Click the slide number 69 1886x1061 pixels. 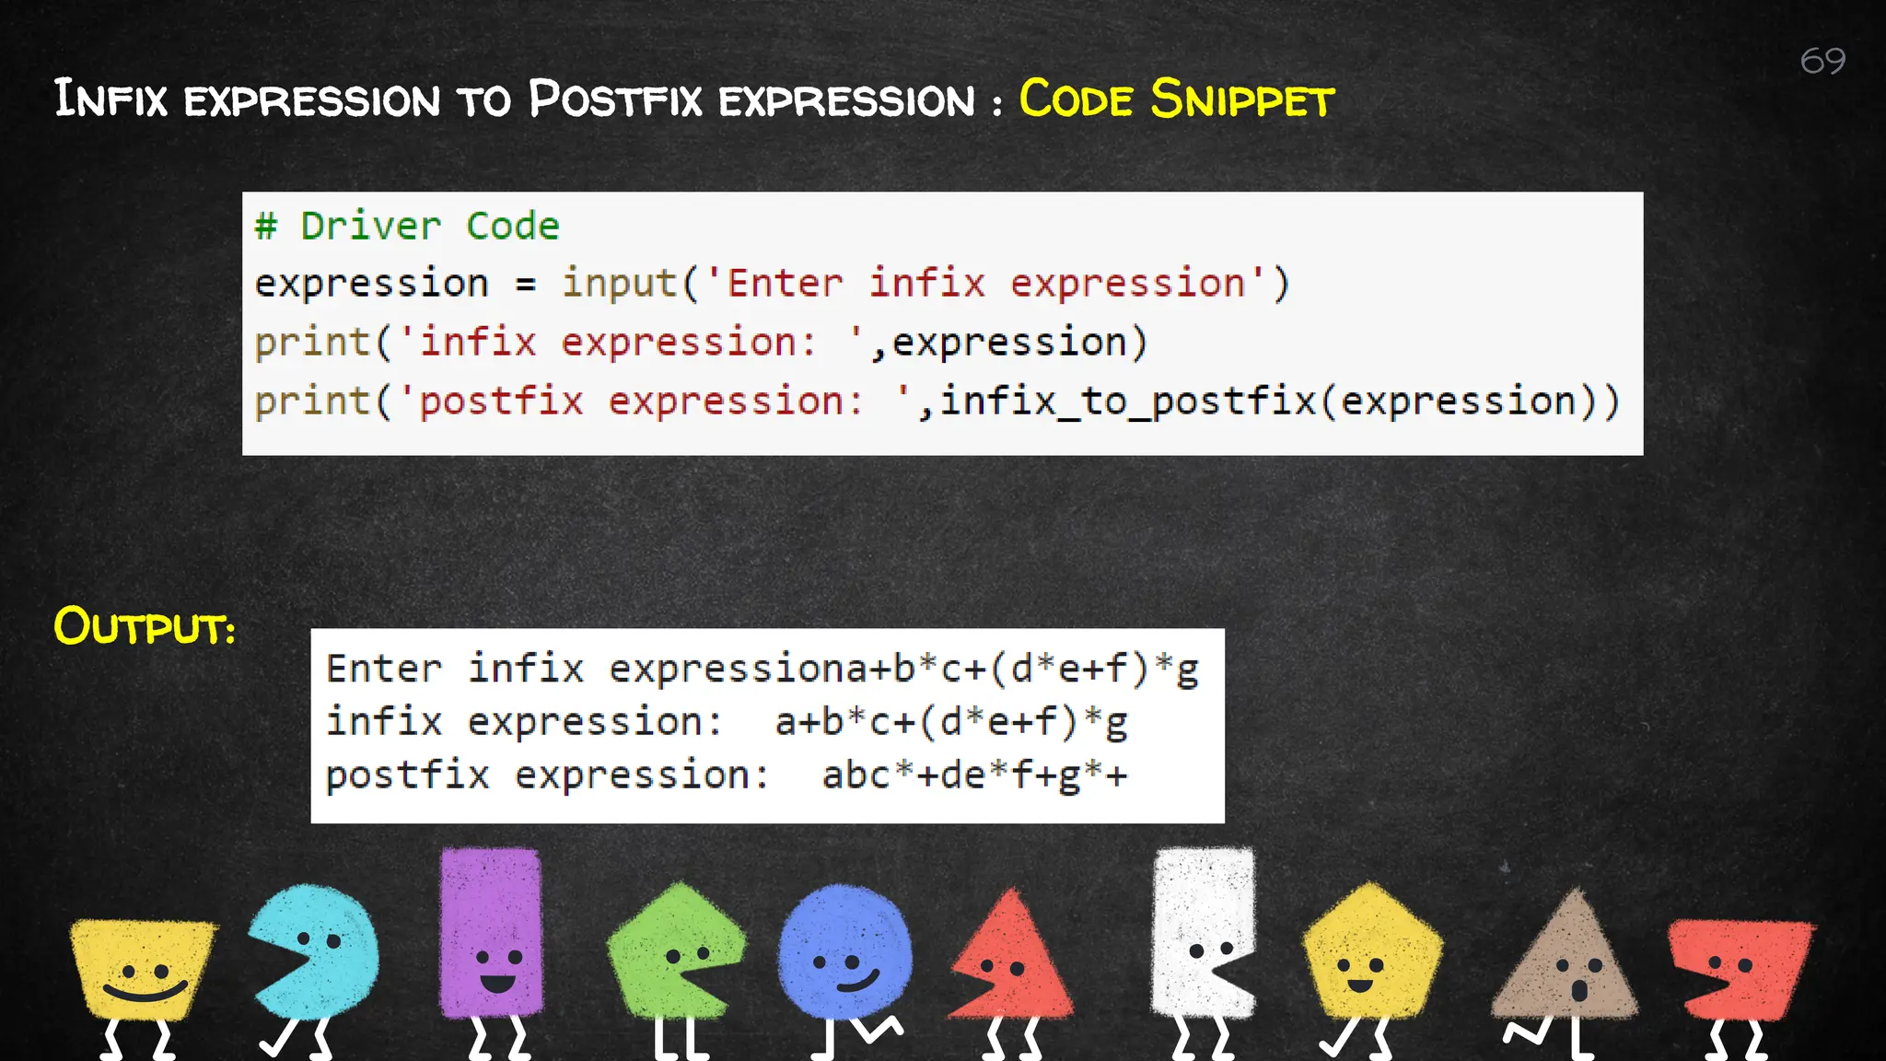tap(1822, 61)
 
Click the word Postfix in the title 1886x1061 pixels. tap(614, 99)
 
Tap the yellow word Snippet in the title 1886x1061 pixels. tap(1241, 99)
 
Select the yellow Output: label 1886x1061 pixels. tap(145, 627)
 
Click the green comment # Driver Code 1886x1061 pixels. tap(407, 227)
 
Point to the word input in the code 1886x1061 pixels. tap(619, 284)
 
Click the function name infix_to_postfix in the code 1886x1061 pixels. tap(1127, 402)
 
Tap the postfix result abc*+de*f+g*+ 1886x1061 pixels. tap(974, 775)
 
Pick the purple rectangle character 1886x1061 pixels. tap(491, 932)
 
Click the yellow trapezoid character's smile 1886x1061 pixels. tap(145, 992)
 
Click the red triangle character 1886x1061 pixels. tap(1013, 962)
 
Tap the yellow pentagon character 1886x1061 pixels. tap(1371, 953)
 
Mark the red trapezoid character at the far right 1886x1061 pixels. tap(1739, 967)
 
